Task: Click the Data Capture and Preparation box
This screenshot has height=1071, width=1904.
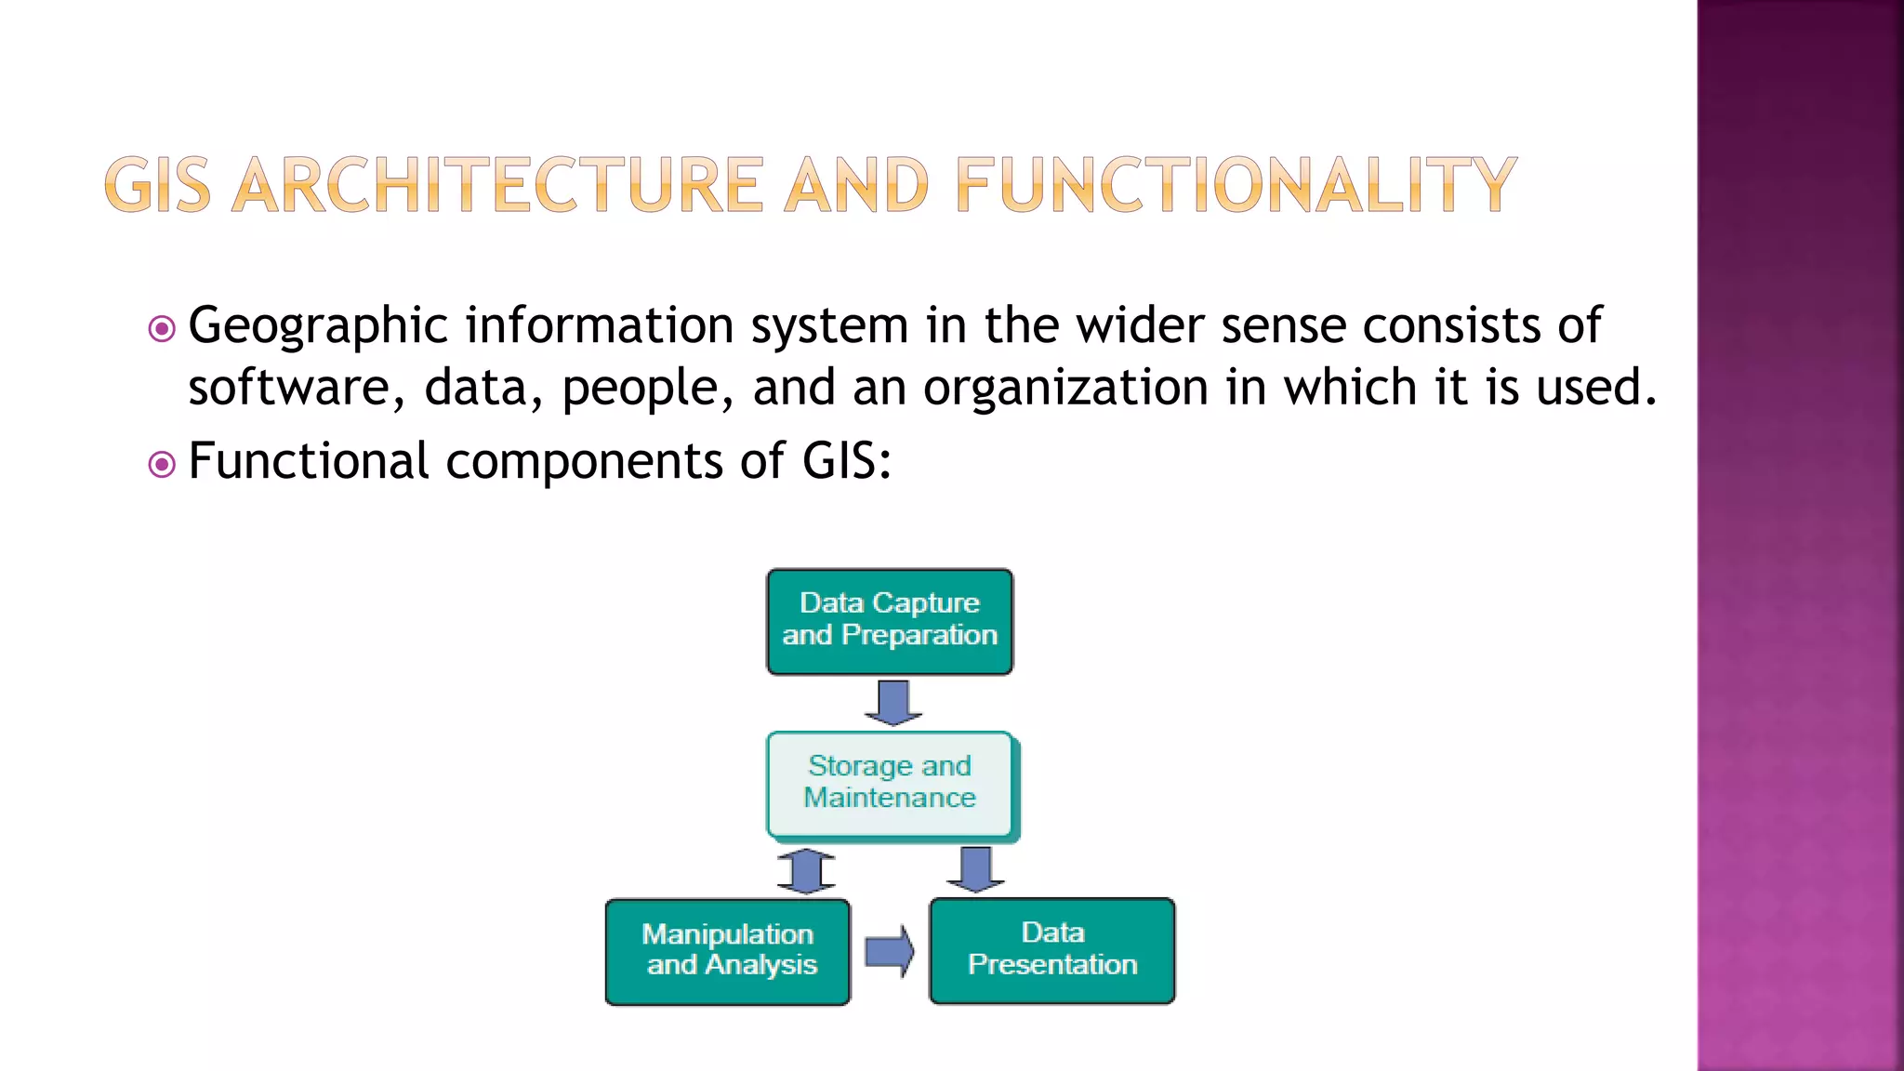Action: pyautogui.click(x=890, y=621)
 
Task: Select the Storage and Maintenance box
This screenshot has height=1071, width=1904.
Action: pyautogui.click(x=890, y=784)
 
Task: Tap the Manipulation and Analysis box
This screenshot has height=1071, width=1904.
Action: pyautogui.click(x=728, y=951)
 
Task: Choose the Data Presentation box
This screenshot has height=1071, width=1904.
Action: pyautogui.click(x=1052, y=950)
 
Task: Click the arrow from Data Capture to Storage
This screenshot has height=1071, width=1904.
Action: pyautogui.click(x=893, y=702)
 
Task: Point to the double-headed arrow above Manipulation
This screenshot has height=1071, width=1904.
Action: pyautogui.click(x=806, y=871)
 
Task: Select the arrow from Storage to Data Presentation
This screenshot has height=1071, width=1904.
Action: pyautogui.click(x=975, y=869)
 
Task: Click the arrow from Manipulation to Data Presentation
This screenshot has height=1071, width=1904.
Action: pyautogui.click(x=890, y=951)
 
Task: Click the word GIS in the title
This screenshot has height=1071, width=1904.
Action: pyautogui.click(x=157, y=185)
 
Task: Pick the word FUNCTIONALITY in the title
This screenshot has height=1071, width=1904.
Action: pyautogui.click(x=1236, y=185)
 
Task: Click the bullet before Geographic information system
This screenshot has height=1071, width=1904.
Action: pyautogui.click(x=162, y=328)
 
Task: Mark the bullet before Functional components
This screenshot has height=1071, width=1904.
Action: pyautogui.click(x=162, y=464)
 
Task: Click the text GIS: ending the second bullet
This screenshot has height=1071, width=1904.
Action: pyautogui.click(x=847, y=461)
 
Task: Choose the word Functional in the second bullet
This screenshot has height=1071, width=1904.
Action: pyautogui.click(x=309, y=461)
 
